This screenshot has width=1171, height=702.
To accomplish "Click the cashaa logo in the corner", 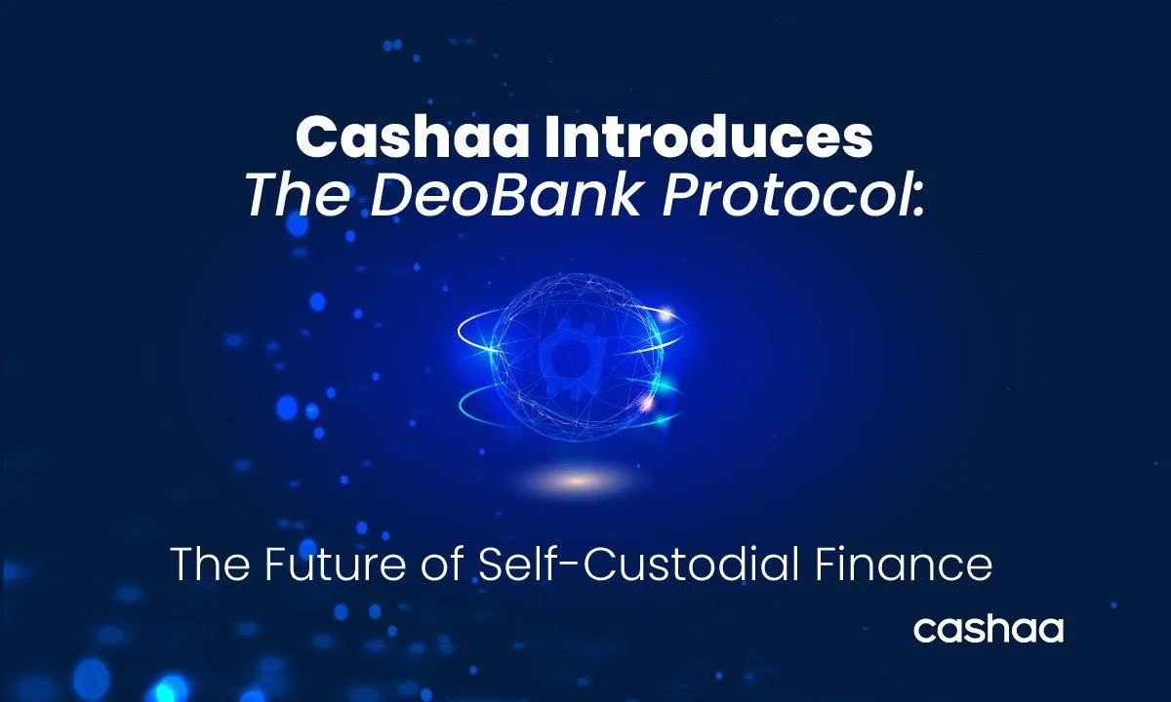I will pos(988,629).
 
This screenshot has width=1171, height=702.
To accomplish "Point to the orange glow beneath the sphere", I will pos(578,479).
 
